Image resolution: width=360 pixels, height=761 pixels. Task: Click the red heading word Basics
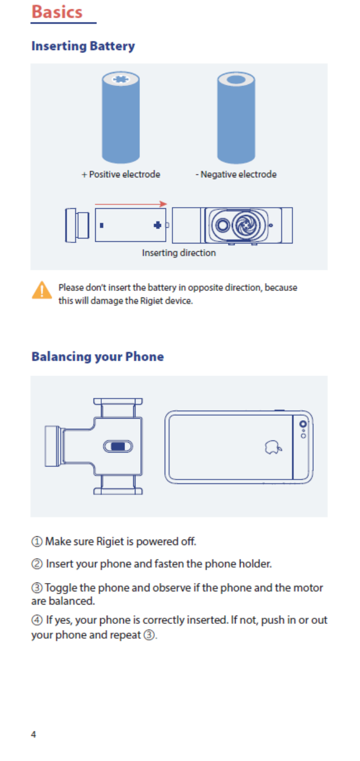57,12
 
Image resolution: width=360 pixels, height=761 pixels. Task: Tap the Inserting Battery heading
83,46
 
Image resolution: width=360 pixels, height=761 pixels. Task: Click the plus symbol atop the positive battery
121,79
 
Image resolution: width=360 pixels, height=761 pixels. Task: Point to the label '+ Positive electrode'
121,175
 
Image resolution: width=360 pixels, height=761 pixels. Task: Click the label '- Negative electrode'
236,175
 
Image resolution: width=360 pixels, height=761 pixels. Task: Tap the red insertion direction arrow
131,204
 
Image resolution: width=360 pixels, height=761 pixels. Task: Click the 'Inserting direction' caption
179,253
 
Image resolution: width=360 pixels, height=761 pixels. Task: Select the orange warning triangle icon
42,290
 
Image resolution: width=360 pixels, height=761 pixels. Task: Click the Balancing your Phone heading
97,356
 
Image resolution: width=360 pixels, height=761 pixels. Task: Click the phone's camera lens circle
303,423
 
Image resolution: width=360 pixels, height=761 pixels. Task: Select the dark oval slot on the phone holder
118,446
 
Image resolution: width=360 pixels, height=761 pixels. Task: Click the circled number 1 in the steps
36,541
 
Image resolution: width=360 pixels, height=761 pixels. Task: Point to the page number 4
34,734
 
